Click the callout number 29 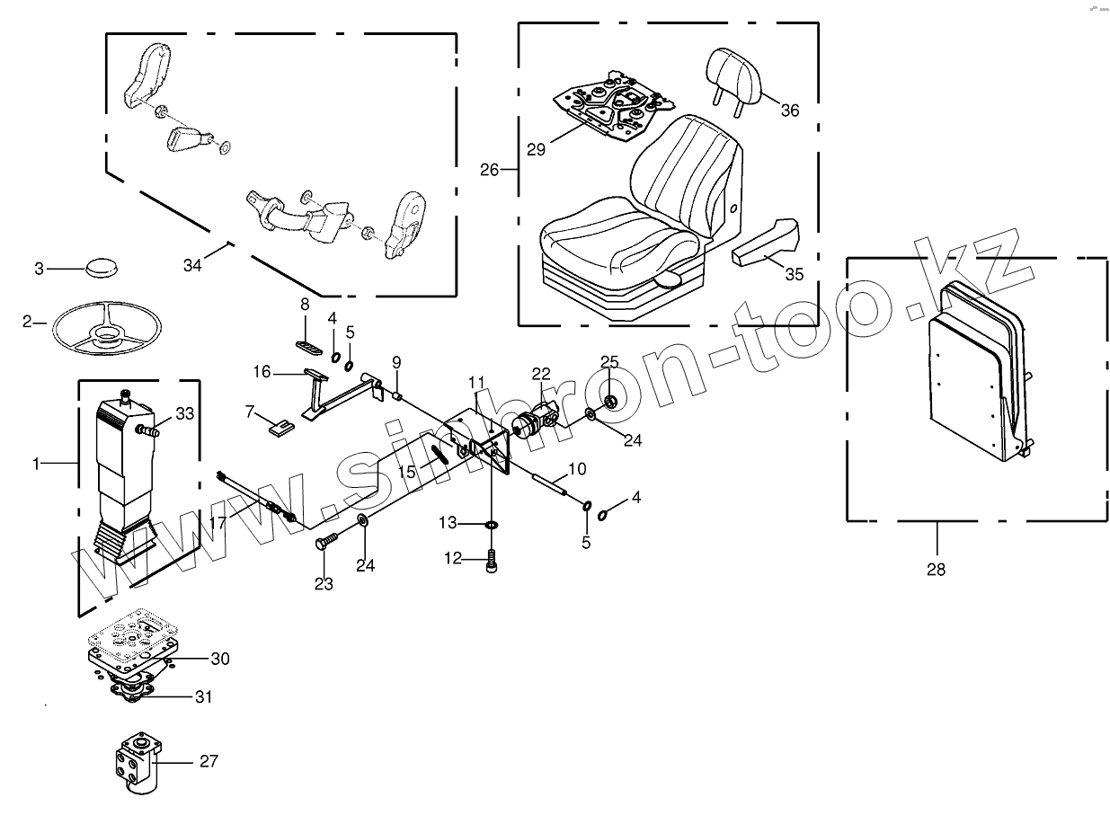click(x=536, y=149)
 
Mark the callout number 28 click(x=936, y=569)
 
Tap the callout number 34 click(x=192, y=265)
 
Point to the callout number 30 click(x=220, y=659)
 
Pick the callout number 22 click(x=540, y=374)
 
